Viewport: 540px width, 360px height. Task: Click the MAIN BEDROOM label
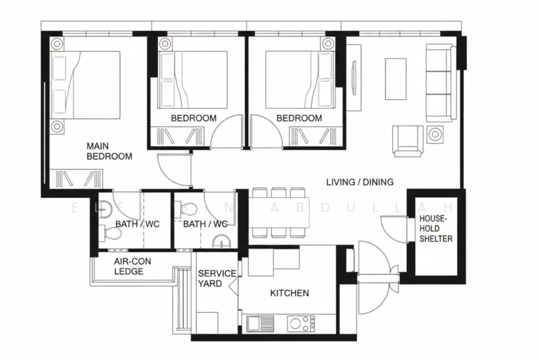coord(109,151)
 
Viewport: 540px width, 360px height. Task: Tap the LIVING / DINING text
coord(360,182)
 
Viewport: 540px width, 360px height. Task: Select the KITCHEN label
coord(290,293)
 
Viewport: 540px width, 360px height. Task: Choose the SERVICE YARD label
coord(217,278)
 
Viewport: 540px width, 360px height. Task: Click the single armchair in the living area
coord(408,140)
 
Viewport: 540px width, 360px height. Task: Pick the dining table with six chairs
coord(278,213)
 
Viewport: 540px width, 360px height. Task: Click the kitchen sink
coord(260,324)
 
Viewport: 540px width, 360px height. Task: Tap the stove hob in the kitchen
coord(303,324)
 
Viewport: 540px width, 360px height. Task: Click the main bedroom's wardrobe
coord(76,179)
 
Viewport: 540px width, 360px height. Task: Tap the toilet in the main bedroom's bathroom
coord(111,233)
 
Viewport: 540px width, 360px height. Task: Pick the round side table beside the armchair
coord(434,134)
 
